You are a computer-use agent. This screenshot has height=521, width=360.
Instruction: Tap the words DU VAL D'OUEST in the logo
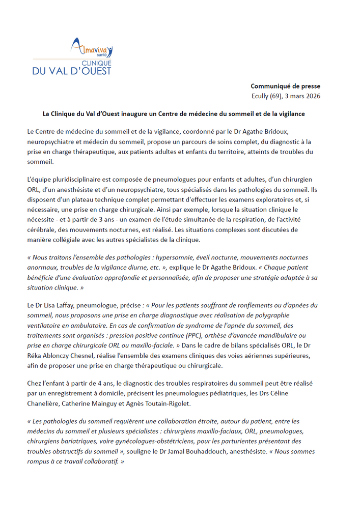tap(72, 71)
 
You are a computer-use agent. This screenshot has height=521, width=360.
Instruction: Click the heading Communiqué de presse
tap(285, 86)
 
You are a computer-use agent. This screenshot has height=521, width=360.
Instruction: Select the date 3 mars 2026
tap(303, 96)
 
